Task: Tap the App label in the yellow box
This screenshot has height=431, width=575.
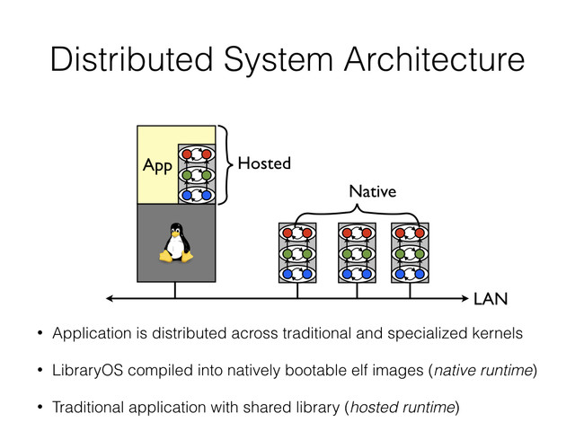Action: point(156,166)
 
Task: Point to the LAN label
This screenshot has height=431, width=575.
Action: point(490,297)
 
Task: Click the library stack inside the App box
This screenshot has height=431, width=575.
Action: point(197,173)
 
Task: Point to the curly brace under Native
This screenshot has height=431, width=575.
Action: point(357,212)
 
